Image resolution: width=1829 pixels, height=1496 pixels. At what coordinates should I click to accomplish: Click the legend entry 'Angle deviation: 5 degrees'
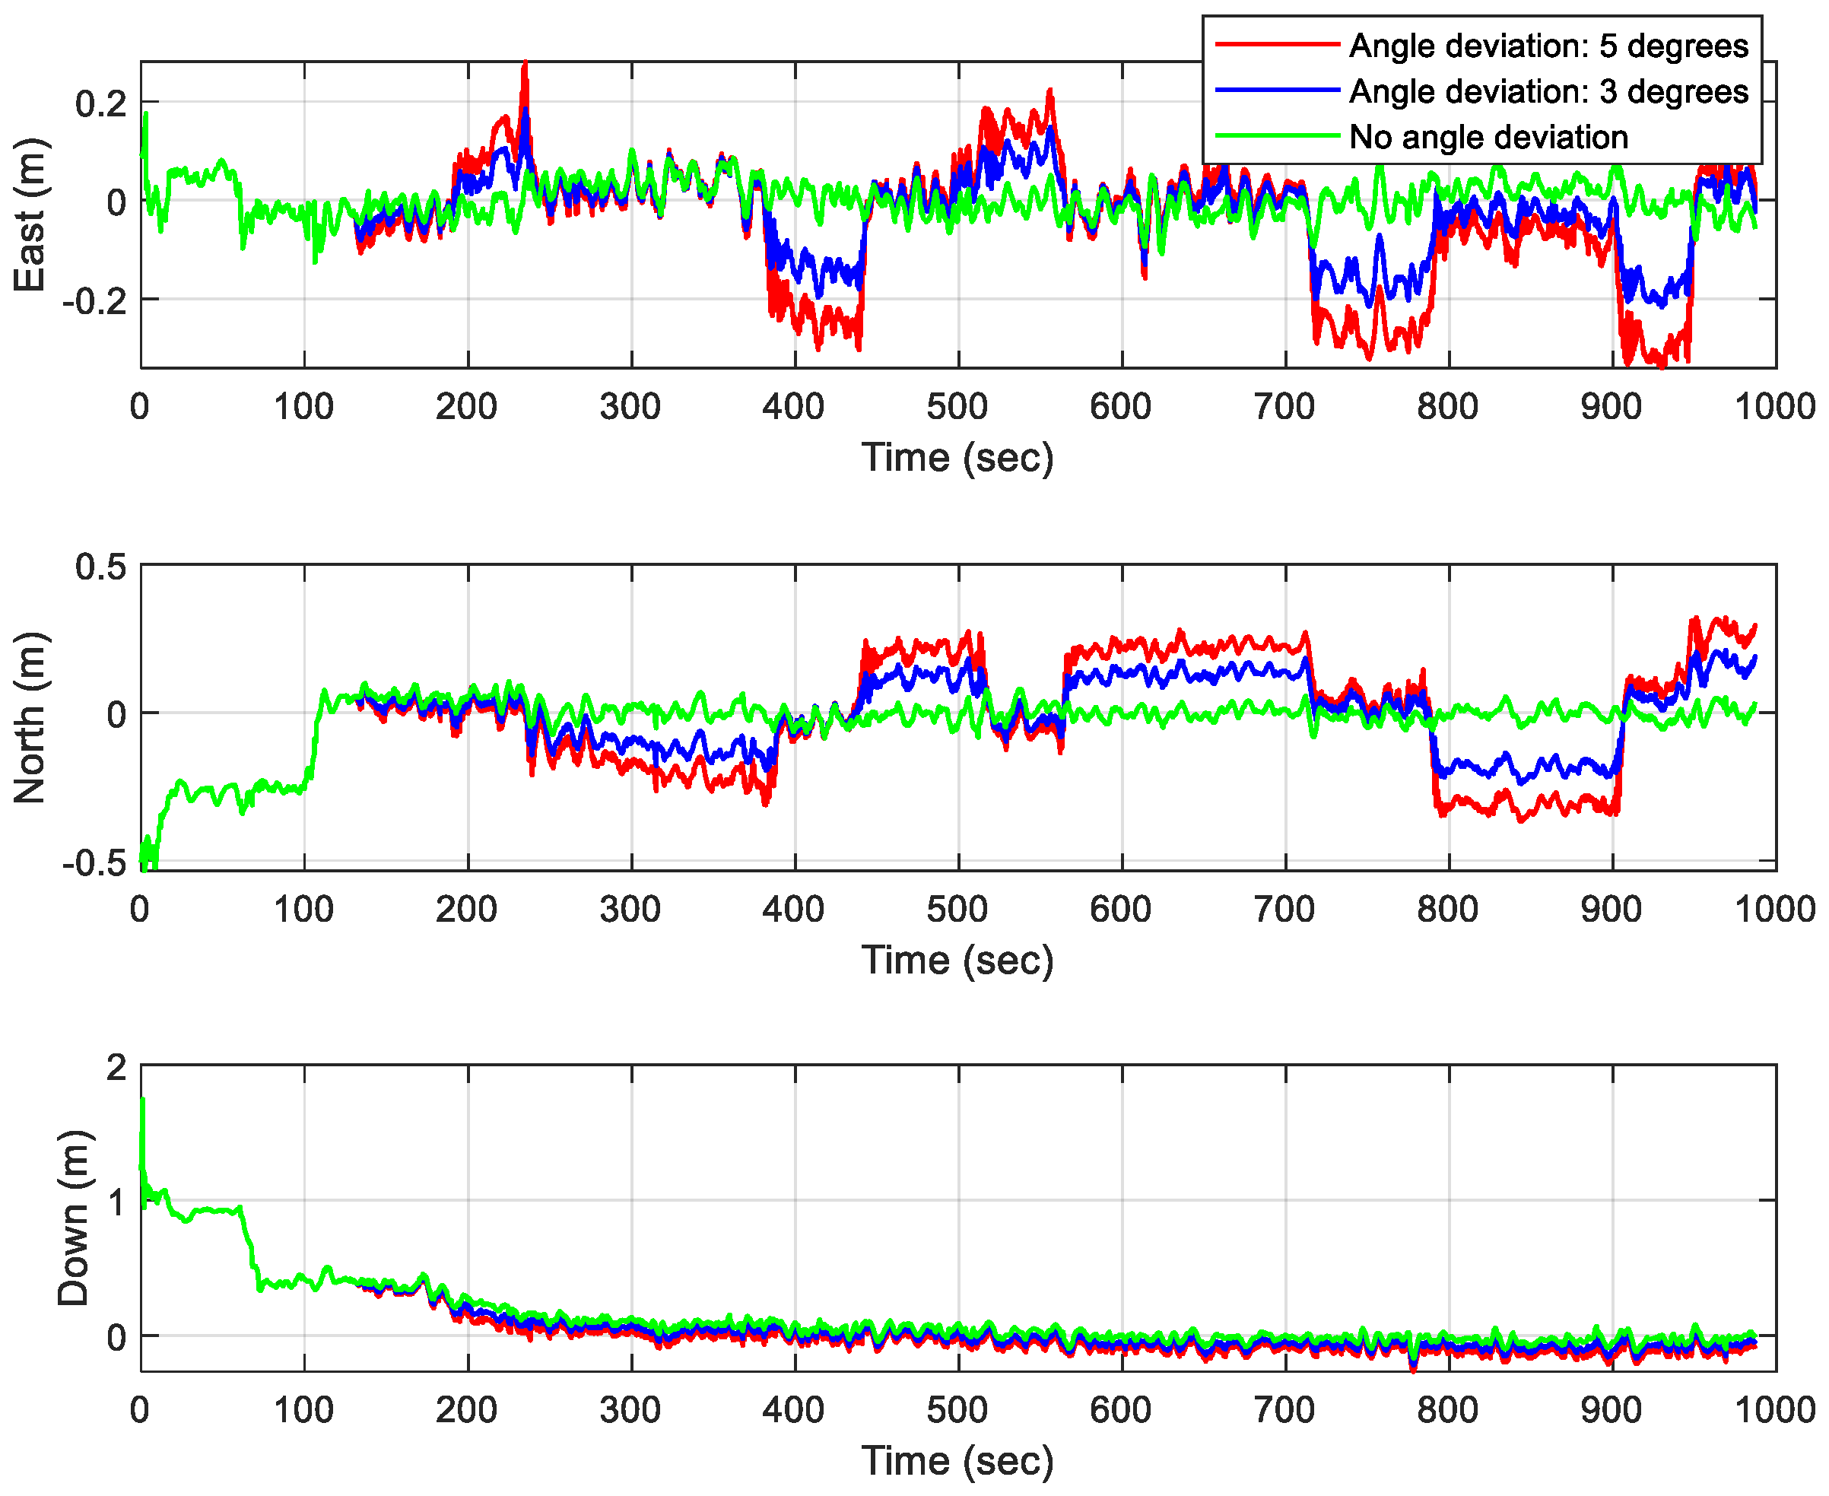(1548, 46)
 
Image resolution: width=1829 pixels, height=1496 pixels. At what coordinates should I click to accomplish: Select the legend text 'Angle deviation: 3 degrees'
(1548, 91)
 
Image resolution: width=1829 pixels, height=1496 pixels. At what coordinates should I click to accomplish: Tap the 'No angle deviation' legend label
(1488, 137)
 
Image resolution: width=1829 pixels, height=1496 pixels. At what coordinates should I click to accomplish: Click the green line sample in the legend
(1277, 136)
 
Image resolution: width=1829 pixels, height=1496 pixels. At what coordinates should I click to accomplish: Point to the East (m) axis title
(30, 214)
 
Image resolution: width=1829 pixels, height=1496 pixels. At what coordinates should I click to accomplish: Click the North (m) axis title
(30, 718)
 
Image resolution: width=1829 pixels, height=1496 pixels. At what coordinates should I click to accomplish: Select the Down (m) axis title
(72, 1218)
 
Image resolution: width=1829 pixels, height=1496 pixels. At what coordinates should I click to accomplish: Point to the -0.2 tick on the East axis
(94, 300)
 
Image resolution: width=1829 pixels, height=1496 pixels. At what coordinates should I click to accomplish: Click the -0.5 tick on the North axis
(94, 863)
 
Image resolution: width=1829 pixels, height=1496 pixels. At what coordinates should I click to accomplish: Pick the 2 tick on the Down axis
(116, 1068)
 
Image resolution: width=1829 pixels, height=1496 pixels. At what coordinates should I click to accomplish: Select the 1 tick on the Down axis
(116, 1201)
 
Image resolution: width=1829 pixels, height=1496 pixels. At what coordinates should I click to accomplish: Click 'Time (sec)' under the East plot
(957, 458)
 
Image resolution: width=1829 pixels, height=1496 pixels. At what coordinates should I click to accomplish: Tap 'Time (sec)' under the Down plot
(957, 1462)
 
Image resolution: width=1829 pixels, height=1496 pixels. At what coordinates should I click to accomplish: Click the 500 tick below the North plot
(957, 910)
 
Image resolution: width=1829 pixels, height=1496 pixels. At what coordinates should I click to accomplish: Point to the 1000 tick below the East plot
(1775, 407)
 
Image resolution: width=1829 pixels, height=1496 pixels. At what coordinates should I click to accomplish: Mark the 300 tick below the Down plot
(630, 1411)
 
